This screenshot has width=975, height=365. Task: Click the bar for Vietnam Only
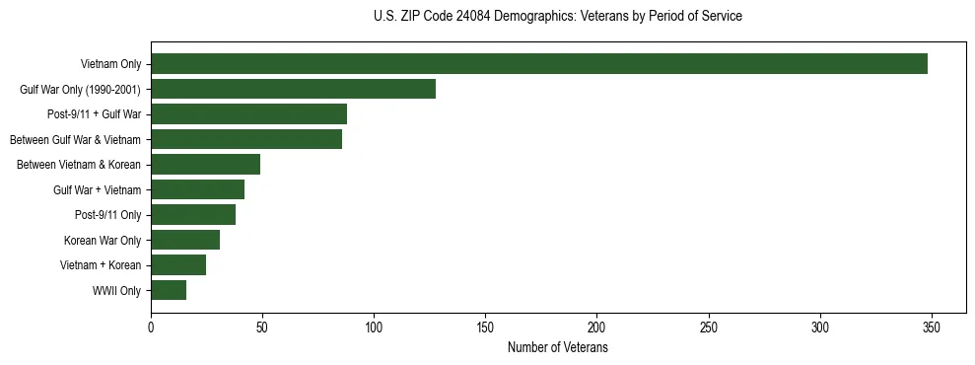pos(539,64)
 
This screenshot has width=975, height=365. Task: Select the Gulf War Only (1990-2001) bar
pos(293,90)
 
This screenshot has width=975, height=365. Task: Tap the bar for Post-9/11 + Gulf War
pos(248,114)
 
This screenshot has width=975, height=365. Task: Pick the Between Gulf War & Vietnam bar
pos(246,139)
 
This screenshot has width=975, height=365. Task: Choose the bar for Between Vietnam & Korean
pos(205,165)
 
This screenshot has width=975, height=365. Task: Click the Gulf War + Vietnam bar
pos(197,189)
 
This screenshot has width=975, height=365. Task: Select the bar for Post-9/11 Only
pos(193,215)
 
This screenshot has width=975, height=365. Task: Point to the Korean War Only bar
pos(185,240)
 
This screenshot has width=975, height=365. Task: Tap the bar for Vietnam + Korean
pos(178,264)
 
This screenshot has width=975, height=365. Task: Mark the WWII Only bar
pos(169,290)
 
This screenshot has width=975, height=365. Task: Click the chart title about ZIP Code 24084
pos(558,17)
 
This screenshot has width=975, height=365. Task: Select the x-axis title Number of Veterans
pos(558,348)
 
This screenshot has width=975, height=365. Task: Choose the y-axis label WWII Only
pos(116,290)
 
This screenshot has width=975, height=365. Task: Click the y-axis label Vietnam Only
pos(110,64)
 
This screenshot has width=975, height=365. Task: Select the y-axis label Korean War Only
pos(103,240)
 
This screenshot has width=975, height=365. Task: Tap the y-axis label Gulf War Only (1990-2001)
pos(80,90)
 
